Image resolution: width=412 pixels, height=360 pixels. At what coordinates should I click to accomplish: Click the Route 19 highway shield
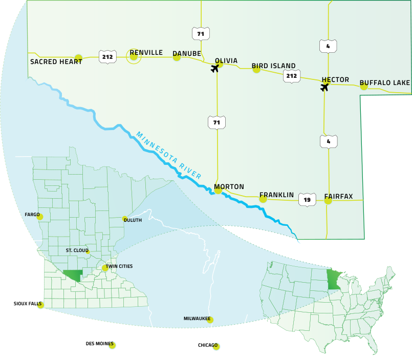pyautogui.click(x=307, y=200)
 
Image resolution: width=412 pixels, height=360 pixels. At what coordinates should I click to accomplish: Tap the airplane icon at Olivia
pyautogui.click(x=215, y=68)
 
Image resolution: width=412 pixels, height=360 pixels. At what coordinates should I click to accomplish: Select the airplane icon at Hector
pyautogui.click(x=324, y=87)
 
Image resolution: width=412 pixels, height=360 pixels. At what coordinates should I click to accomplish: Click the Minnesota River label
pyautogui.click(x=168, y=155)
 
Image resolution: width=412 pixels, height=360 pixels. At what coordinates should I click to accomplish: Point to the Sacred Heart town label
pyautogui.click(x=56, y=62)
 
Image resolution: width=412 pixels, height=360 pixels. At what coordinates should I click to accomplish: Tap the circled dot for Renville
pyautogui.click(x=134, y=57)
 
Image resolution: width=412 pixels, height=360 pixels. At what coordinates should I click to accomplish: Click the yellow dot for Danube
pyautogui.click(x=177, y=57)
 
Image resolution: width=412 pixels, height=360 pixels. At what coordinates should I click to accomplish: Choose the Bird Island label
pyautogui.click(x=273, y=66)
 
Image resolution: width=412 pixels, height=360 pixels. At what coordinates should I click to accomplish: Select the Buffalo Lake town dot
pyautogui.click(x=364, y=87)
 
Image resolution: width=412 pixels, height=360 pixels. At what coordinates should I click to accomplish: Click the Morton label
pyautogui.click(x=229, y=187)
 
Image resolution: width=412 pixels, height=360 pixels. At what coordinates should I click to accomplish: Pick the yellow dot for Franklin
pyautogui.click(x=263, y=199)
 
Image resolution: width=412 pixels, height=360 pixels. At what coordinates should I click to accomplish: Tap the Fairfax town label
pyautogui.click(x=338, y=196)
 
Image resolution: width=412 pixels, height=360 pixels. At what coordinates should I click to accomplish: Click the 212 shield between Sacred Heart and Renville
pyautogui.click(x=107, y=57)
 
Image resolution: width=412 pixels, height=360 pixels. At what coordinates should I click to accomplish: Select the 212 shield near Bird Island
pyautogui.click(x=292, y=76)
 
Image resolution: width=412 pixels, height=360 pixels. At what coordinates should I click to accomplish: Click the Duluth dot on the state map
pyautogui.click(x=125, y=219)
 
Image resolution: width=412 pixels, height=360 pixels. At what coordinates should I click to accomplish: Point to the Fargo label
pyautogui.click(x=32, y=215)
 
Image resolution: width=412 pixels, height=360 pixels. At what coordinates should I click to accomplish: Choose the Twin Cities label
pyautogui.click(x=119, y=266)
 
